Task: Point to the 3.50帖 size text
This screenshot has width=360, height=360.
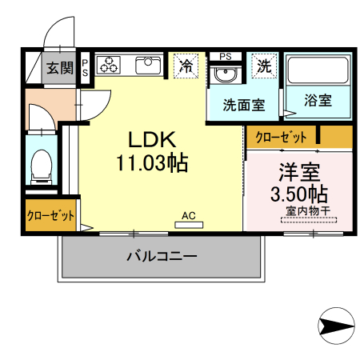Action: [298, 194]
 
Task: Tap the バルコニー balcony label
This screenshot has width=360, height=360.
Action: [161, 256]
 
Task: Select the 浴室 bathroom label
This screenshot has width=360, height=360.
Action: [318, 101]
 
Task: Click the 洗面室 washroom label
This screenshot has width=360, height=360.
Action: [243, 103]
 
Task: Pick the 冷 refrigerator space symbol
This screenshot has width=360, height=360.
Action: [186, 65]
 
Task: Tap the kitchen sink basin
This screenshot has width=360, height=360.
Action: [149, 65]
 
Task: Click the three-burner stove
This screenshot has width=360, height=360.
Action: [110, 65]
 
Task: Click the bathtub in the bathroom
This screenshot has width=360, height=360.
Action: [318, 73]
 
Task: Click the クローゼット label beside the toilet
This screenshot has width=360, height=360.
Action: [50, 215]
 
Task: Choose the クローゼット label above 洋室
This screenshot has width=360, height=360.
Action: [281, 138]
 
